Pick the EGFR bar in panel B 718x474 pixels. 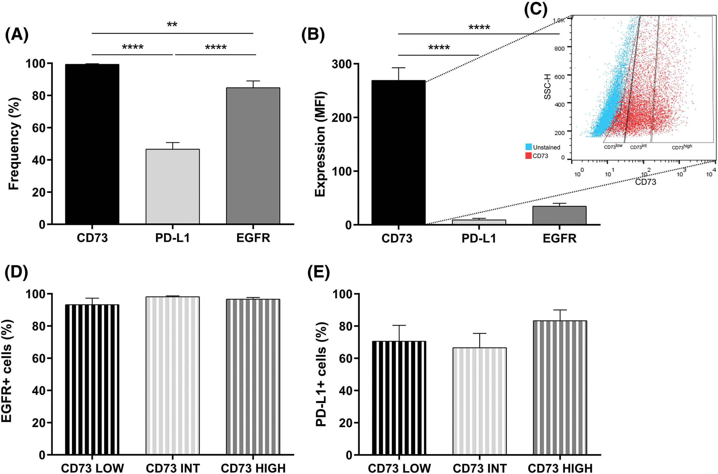(x=559, y=215)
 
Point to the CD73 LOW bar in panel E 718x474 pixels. (x=399, y=398)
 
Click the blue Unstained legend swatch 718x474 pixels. (x=528, y=147)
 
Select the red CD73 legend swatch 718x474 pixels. (x=528, y=156)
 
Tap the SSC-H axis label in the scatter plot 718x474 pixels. (x=547, y=86)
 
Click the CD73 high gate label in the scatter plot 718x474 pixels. (x=682, y=147)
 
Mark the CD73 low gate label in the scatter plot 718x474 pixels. (x=613, y=147)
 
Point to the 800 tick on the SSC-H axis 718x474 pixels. (x=559, y=48)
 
